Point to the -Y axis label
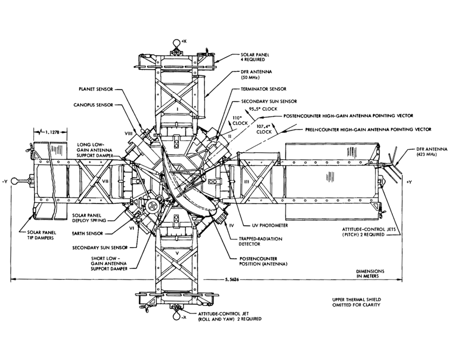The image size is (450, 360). click(4, 181)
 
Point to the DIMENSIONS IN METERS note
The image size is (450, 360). click(370, 274)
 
